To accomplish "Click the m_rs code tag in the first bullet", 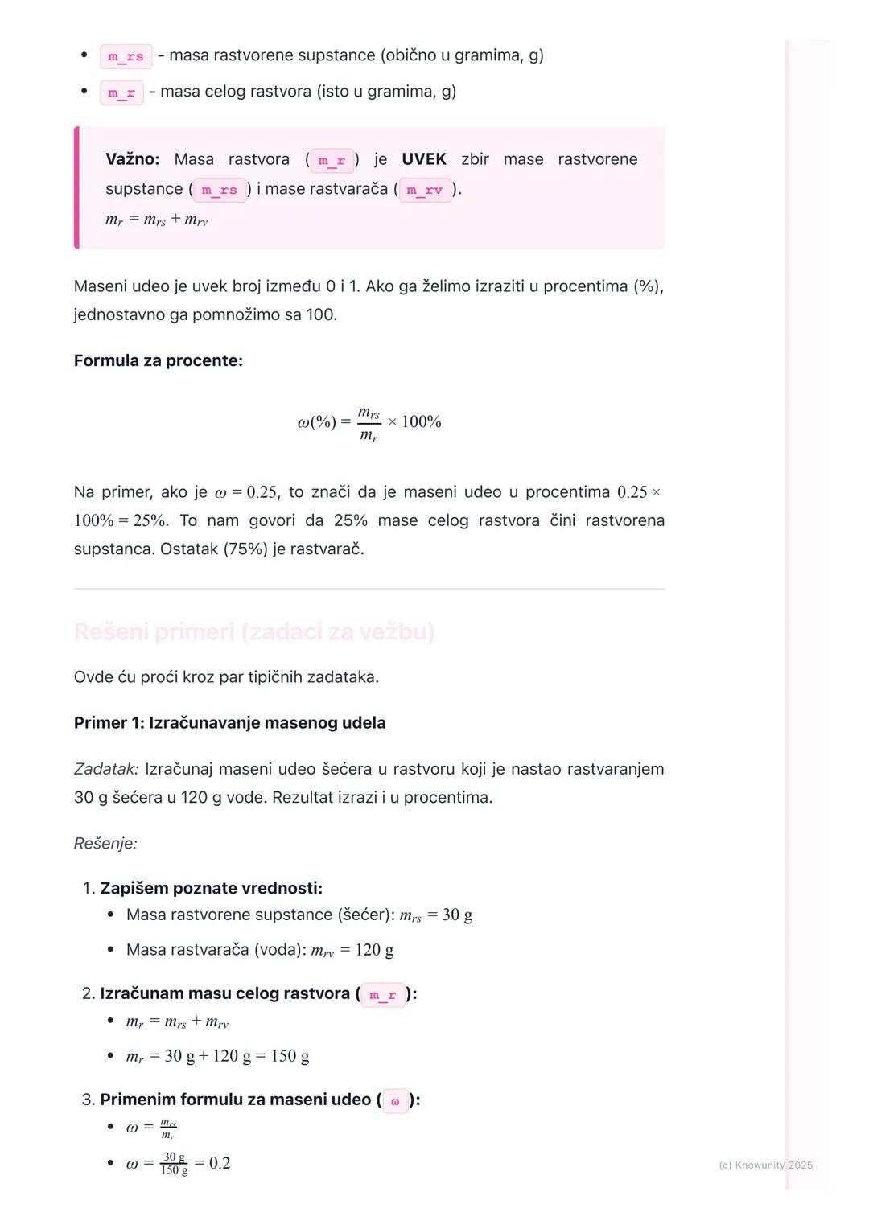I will pos(126,56).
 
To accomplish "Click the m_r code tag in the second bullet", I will pos(121,92).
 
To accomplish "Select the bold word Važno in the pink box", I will pos(132,159).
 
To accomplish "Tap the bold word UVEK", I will pos(423,159).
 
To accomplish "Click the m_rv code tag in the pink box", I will pos(424,190).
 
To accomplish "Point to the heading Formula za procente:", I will pos(159,360).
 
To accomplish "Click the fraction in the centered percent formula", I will pos(369,423).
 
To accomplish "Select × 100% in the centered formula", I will pos(414,422).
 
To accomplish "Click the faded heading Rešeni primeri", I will pos(253,632).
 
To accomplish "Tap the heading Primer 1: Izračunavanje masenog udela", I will pos(229,723).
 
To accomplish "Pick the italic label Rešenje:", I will pos(105,844).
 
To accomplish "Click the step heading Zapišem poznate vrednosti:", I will pos(211,888).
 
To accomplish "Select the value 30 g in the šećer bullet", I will pos(457,915).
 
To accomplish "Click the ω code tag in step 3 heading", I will pos(395,1100).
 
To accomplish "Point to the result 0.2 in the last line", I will pos(220,1163).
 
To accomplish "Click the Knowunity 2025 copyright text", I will pos(765,1165).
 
